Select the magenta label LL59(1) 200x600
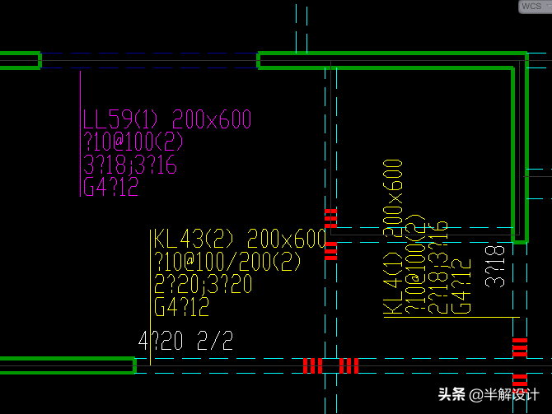coord(166,120)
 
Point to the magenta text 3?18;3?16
coord(130,165)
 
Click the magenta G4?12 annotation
coord(110,188)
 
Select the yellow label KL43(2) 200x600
coord(240,240)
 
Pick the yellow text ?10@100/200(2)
coord(227,263)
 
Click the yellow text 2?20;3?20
coord(203,285)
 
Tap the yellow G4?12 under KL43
coord(181,308)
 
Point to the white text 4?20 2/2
coord(186,341)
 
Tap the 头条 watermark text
coord(451,394)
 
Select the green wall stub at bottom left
coord(67,365)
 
